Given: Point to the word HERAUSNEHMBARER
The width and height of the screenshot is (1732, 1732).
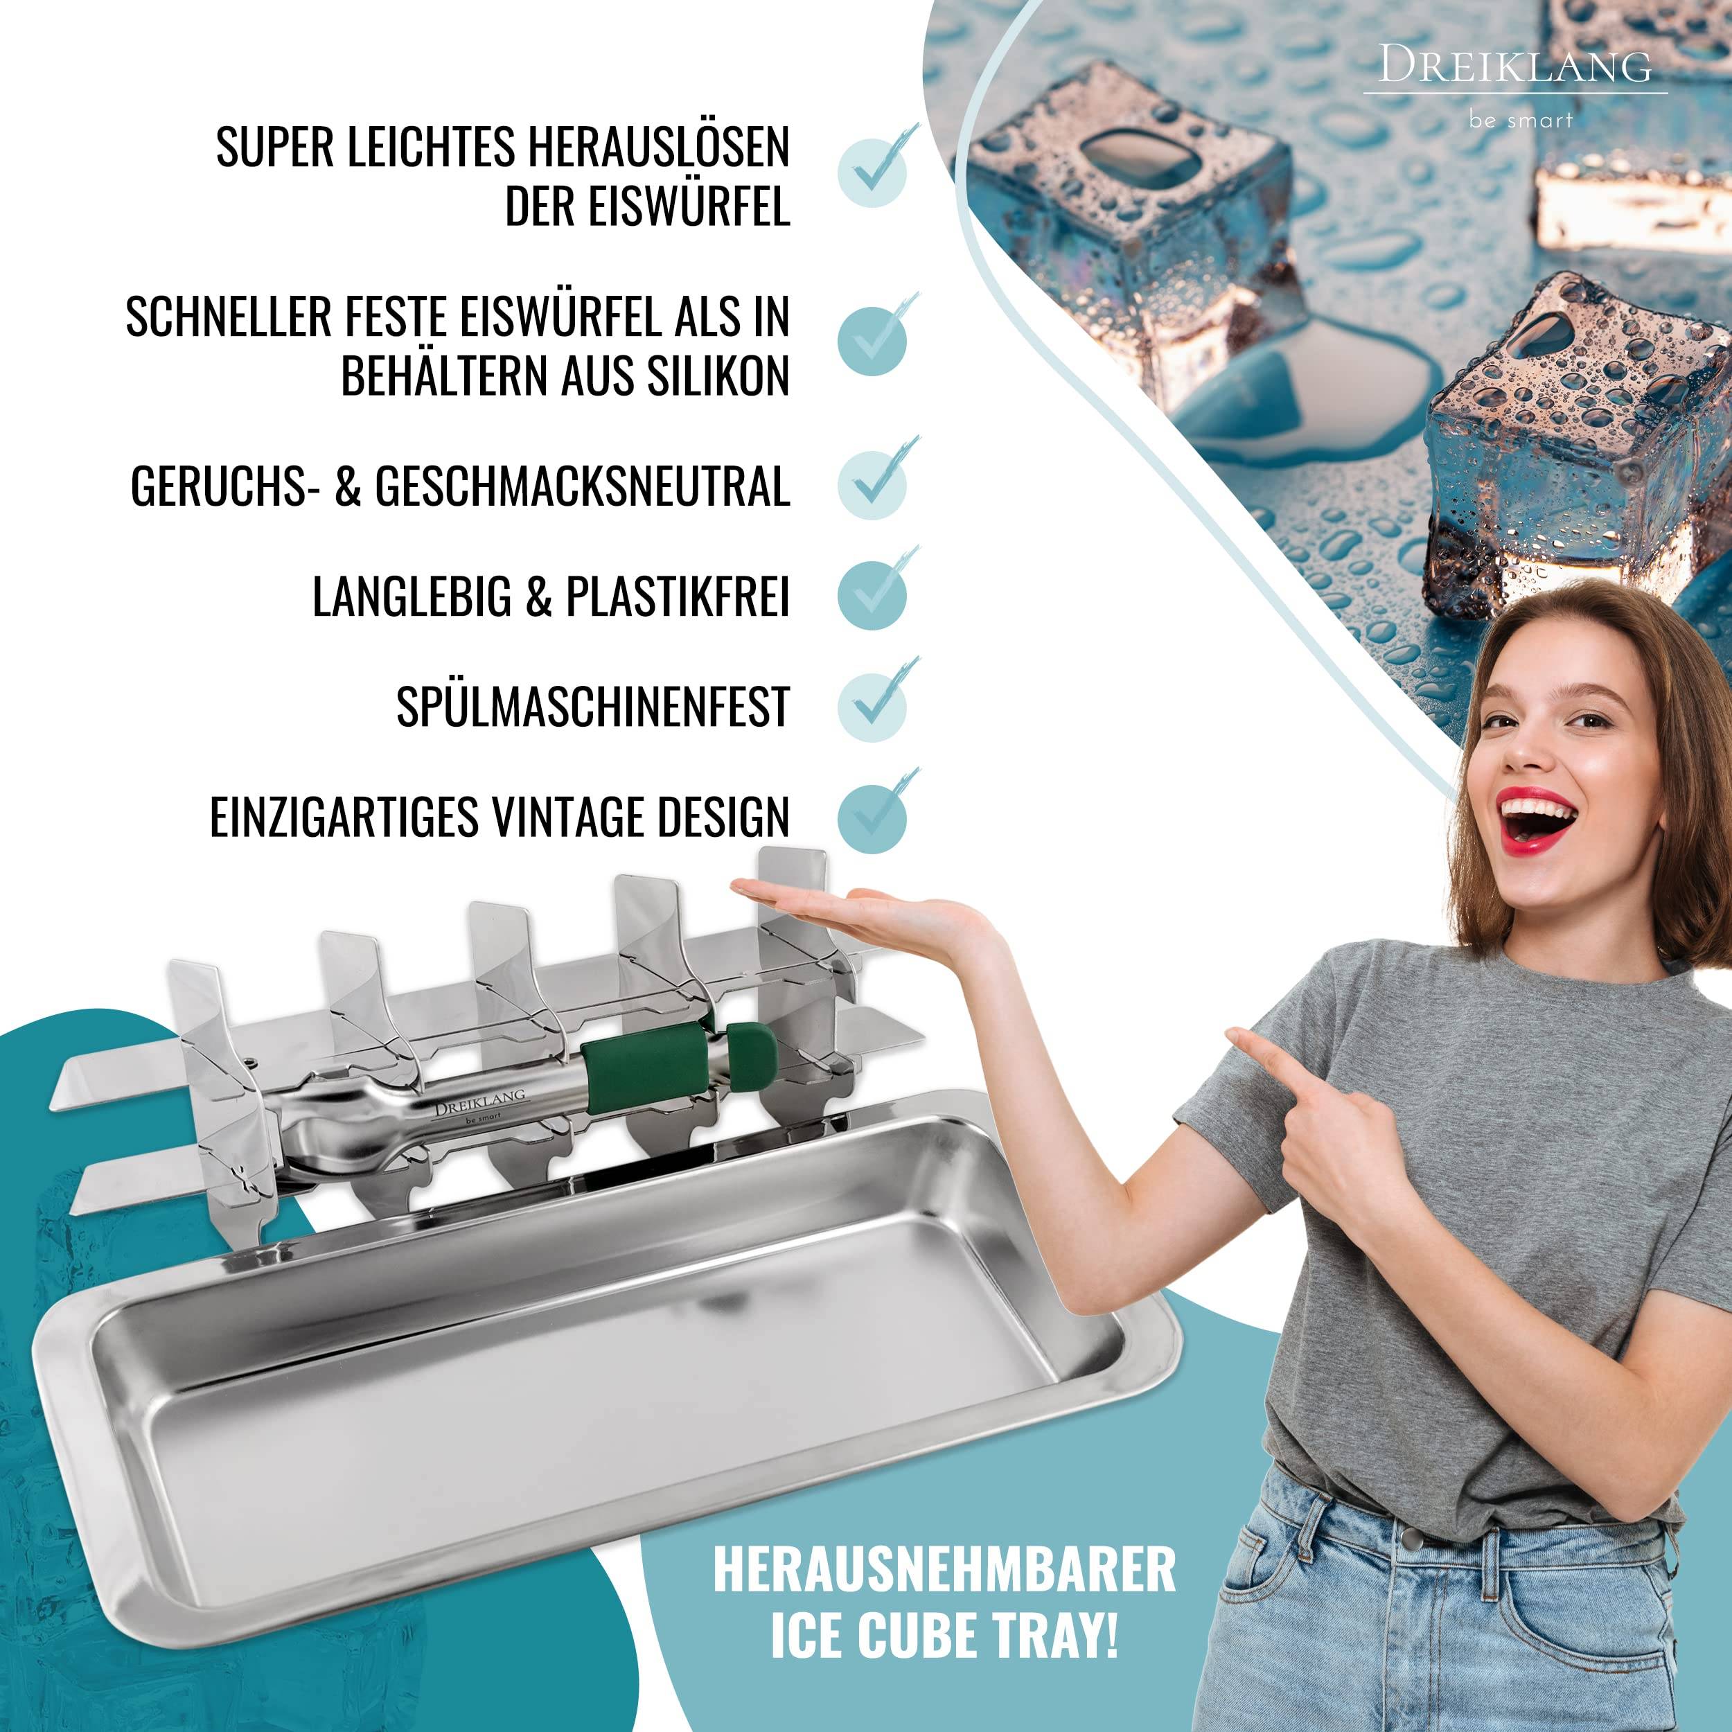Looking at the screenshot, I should (944, 1568).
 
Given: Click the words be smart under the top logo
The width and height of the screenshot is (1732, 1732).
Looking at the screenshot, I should (1521, 120).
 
